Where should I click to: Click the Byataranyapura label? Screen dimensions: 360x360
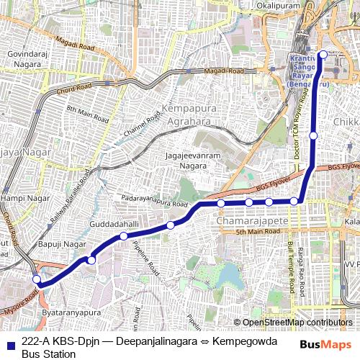70,314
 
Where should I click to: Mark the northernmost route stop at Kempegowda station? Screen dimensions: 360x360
323,55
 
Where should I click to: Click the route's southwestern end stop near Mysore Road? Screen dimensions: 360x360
37,279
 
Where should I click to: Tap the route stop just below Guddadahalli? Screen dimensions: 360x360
124,236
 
